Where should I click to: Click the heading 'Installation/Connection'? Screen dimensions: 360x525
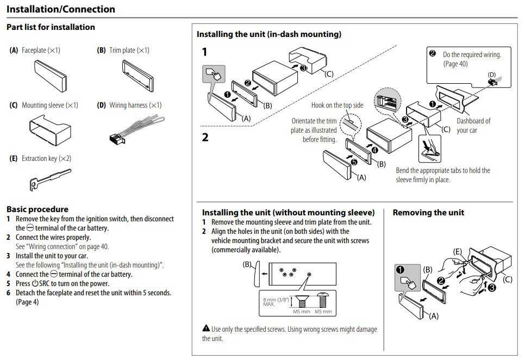tap(61, 9)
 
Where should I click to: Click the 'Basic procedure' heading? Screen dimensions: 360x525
tap(37, 209)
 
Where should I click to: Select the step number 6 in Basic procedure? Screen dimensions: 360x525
tap(9, 293)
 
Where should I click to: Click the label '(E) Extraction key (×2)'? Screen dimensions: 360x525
tap(41, 159)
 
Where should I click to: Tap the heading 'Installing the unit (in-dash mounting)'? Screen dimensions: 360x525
tap(269, 34)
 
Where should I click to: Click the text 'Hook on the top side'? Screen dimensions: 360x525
tap(337, 105)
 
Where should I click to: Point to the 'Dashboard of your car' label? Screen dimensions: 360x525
tap(473, 126)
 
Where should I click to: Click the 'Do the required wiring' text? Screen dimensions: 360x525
tap(472, 55)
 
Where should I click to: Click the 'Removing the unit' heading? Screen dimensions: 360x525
tap(428, 213)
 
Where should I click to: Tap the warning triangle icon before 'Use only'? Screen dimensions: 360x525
tap(206, 328)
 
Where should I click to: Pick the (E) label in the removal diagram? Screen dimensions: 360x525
tap(458, 252)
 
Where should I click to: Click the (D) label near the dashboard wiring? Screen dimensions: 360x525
tap(492, 75)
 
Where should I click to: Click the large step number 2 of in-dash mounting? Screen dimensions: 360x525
tap(205, 138)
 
